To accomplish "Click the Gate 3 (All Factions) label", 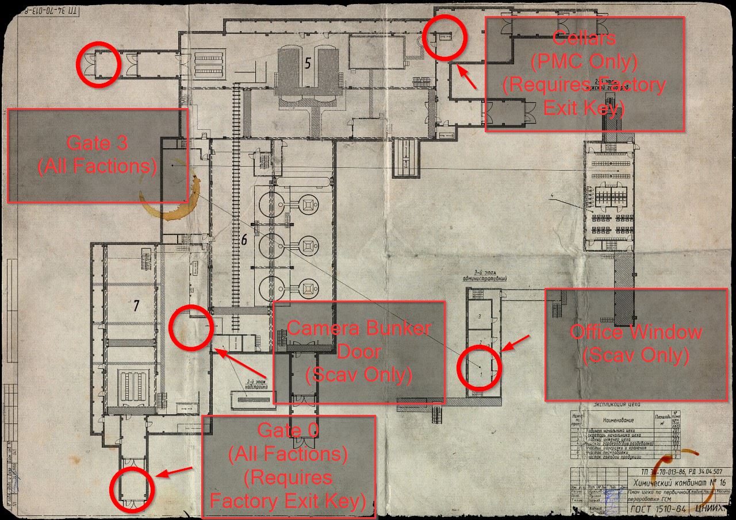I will [97, 155].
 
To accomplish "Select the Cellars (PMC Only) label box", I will [585, 74].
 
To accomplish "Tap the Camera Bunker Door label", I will [359, 351].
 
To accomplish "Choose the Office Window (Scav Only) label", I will [636, 344].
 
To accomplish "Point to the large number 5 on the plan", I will [308, 64].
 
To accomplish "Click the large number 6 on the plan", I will [244, 240].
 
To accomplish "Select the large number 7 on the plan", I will [136, 306].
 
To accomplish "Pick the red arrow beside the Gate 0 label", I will [174, 473].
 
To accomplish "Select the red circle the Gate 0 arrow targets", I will [132, 489].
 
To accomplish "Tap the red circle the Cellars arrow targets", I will [444, 37].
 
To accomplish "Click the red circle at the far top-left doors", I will [98, 64].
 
